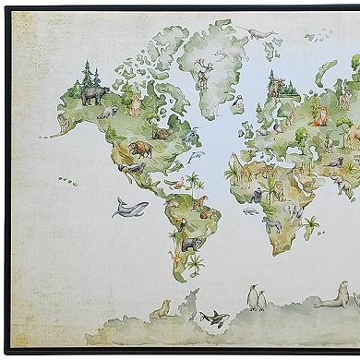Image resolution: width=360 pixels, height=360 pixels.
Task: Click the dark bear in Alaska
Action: [x=94, y=95]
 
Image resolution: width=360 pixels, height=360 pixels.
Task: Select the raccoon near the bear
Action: [x=109, y=113]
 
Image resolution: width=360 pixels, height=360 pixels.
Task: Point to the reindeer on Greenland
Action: [x=203, y=72]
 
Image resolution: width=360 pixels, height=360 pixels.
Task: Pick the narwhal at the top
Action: [x=262, y=34]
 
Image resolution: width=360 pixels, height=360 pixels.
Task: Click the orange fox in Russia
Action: [x=320, y=114]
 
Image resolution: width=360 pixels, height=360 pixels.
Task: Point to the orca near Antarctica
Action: [x=213, y=318]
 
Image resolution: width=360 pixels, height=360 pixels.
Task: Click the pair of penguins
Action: [x=257, y=298]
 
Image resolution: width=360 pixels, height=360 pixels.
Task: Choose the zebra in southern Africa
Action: [x=271, y=223]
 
